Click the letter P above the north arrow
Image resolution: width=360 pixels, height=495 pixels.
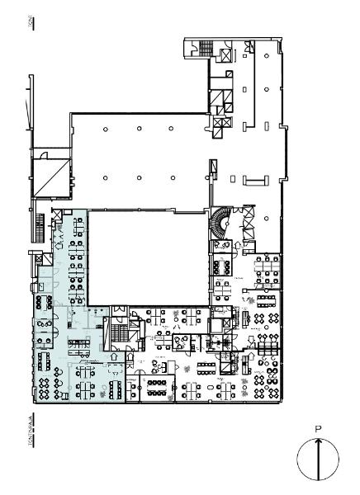click(x=318, y=428)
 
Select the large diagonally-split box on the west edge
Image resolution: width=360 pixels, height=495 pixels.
click(x=49, y=177)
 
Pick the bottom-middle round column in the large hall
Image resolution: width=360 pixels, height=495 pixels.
click(x=138, y=177)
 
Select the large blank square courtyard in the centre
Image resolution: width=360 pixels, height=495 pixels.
click(x=144, y=257)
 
